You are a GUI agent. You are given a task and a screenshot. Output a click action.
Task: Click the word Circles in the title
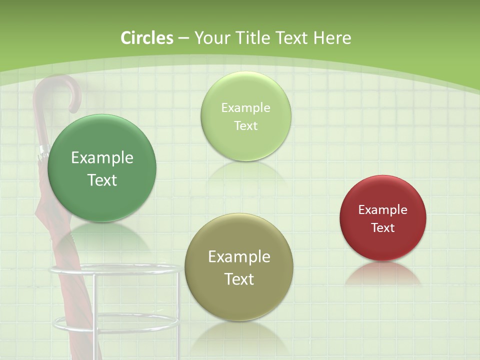pyautogui.click(x=147, y=38)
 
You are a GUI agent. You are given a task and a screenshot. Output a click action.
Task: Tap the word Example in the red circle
pyautogui.click(x=383, y=210)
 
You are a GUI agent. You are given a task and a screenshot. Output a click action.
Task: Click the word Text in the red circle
pyautogui.click(x=383, y=228)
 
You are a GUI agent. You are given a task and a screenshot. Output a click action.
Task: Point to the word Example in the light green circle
pyautogui.click(x=245, y=108)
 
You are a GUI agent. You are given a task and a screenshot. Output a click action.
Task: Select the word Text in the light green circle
pyautogui.click(x=245, y=126)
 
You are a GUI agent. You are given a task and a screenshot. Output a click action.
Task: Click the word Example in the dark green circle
pyautogui.click(x=102, y=158)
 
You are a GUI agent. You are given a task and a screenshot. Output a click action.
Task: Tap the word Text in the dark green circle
pyautogui.click(x=102, y=180)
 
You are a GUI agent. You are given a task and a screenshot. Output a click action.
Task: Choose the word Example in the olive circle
pyautogui.click(x=239, y=257)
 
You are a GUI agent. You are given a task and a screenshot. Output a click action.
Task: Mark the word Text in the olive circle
pyautogui.click(x=239, y=279)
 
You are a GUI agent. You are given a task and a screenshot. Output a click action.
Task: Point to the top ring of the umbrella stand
pyautogui.click(x=115, y=270)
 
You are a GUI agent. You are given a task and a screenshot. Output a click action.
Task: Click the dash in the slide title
pyautogui.click(x=183, y=38)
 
